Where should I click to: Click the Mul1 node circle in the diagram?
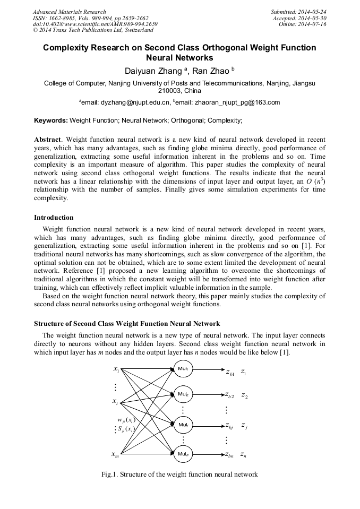(183, 368)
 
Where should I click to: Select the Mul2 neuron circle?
(183, 394)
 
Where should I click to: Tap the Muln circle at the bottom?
(183, 454)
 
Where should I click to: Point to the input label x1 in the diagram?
(116, 369)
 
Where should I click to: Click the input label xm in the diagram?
(115, 454)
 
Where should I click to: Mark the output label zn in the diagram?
(243, 454)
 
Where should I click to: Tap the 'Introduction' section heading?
(54, 218)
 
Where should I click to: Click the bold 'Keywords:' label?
(51, 120)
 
